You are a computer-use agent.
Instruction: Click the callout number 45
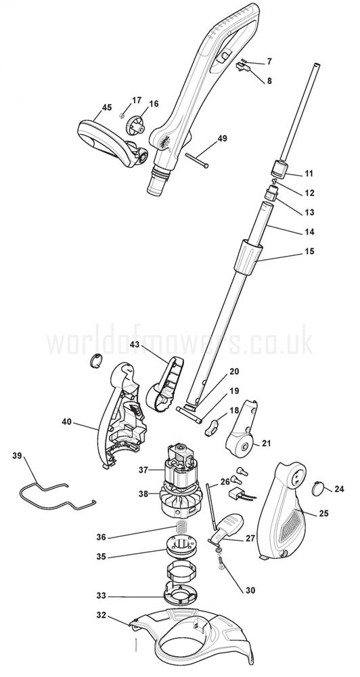tap(107, 108)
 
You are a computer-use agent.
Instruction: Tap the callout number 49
tap(223, 139)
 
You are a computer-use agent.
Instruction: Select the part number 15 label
tap(309, 251)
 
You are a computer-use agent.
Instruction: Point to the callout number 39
tap(17, 455)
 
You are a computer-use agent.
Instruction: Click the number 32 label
tap(101, 615)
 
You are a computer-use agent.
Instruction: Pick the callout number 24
tap(339, 489)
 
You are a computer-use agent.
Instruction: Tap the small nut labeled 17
tap(122, 115)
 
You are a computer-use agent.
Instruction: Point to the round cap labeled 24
tap(319, 487)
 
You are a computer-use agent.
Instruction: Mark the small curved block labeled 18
tap(211, 427)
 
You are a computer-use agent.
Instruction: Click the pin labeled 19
tap(189, 414)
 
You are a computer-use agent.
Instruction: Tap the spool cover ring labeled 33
tap(180, 596)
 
